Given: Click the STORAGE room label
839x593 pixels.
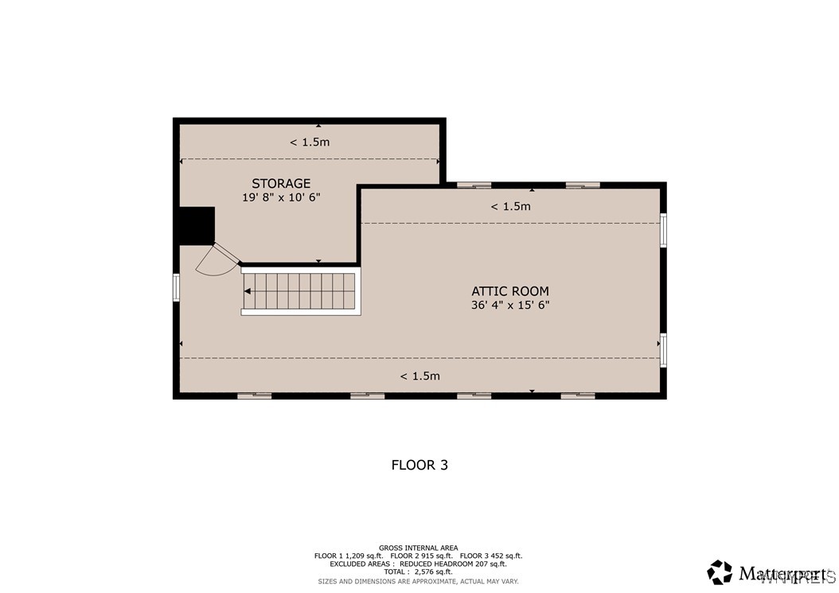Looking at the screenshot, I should tap(281, 184).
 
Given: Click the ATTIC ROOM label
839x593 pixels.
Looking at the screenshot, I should tap(510, 291).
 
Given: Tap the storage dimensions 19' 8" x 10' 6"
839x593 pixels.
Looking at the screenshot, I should tap(281, 197).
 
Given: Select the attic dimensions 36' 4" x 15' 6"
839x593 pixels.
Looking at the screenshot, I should tap(510, 305).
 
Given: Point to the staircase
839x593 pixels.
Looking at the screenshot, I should tap(300, 292).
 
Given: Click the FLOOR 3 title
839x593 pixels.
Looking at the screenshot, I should tap(419, 465).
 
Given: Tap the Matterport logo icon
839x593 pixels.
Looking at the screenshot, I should tap(720, 572).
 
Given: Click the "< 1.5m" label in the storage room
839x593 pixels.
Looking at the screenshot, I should tap(310, 142).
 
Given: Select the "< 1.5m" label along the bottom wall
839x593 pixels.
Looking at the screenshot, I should tap(419, 376).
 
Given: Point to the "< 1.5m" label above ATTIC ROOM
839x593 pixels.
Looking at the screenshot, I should tap(510, 206).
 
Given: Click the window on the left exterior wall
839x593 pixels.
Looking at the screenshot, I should tap(177, 287).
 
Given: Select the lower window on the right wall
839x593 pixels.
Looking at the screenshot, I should tap(663, 350).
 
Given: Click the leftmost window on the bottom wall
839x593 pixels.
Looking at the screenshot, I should tap(255, 395).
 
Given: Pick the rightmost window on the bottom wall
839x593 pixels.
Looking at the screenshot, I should tap(578, 395).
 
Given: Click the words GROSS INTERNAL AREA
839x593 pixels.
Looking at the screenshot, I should tap(418, 548).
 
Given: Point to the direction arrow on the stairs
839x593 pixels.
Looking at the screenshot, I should tap(248, 292).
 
